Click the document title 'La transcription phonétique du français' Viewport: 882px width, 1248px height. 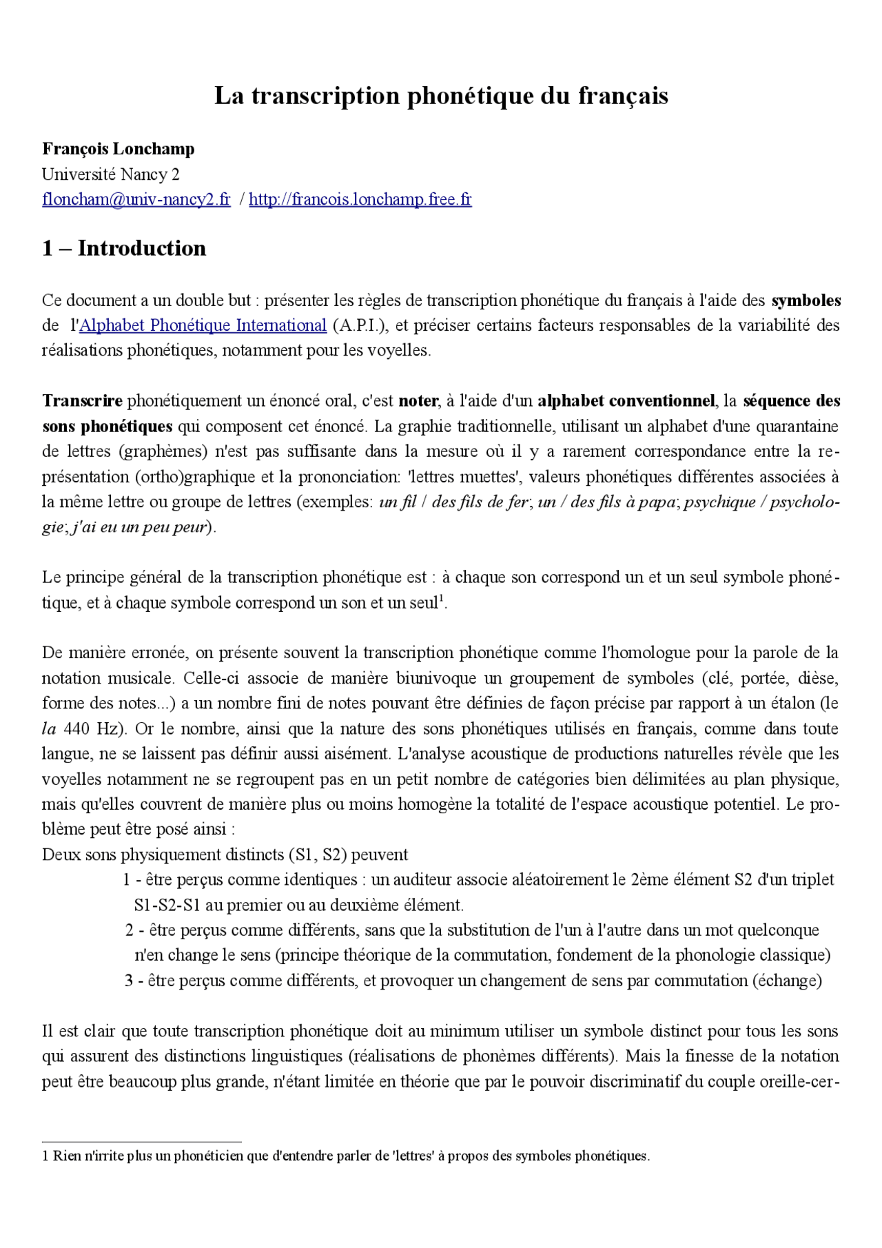pos(441,96)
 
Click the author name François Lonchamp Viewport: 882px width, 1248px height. pos(119,149)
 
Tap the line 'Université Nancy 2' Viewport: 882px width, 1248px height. pos(110,174)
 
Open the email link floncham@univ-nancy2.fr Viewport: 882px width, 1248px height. pos(136,200)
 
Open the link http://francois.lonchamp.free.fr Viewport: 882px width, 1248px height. pos(360,200)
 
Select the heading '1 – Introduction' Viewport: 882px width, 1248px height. pos(124,248)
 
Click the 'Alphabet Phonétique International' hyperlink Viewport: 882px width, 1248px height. pos(203,325)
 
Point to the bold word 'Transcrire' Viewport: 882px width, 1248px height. pos(82,401)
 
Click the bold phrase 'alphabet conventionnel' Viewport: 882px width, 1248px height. pos(626,401)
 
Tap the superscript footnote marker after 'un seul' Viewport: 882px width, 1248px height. pos(441,597)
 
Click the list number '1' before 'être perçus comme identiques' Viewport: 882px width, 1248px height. pos(127,880)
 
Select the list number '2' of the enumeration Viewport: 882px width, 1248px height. pos(129,930)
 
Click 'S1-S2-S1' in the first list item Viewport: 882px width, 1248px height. pos(167,906)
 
